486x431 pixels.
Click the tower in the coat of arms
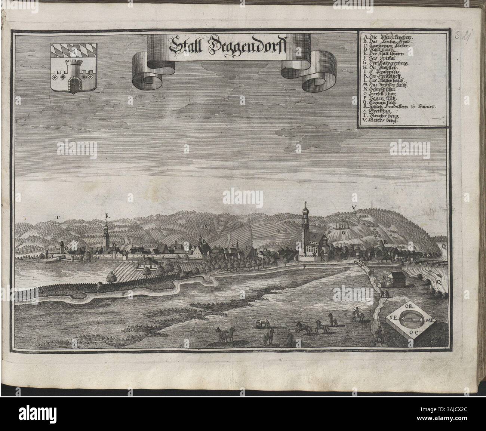click(74, 73)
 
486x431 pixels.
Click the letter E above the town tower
click(107, 216)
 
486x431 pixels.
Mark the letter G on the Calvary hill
click(342, 232)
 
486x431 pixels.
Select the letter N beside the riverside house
click(384, 278)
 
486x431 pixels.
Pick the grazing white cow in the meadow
click(262, 323)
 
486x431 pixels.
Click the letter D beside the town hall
click(115, 245)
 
